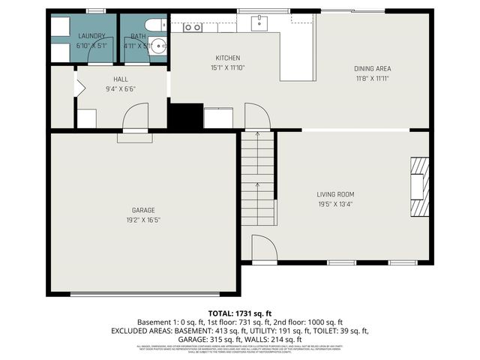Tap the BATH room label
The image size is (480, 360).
[139, 36]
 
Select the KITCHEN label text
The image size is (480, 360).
[227, 58]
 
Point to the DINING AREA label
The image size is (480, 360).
[373, 69]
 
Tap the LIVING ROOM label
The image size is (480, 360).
[334, 194]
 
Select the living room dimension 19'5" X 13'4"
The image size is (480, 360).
[334, 203]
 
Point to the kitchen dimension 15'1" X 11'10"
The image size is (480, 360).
[227, 67]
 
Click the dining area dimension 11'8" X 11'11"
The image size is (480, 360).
[373, 78]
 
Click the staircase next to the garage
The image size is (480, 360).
[257, 195]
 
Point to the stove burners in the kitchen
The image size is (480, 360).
[193, 27]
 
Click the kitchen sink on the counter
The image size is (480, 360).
[260, 23]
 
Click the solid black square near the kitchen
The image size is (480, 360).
[185, 116]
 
